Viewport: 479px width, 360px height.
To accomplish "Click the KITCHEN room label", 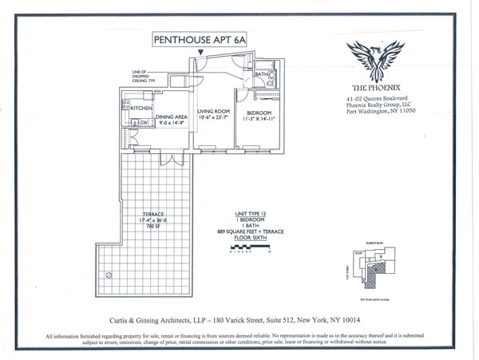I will point(141,108).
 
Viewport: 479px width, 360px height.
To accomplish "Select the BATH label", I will point(260,76).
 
